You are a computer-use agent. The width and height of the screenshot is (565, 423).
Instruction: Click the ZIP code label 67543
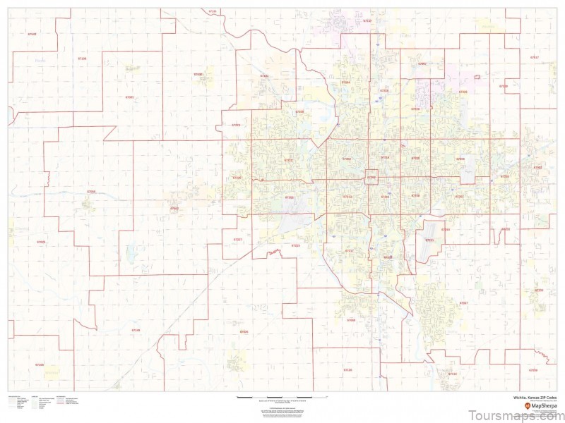tap(32, 34)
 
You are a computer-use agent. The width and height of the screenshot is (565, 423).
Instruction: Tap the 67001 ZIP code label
tap(129, 97)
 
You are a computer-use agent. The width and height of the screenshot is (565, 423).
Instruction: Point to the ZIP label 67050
tap(91, 191)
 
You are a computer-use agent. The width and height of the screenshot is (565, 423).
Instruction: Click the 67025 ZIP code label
tap(40, 242)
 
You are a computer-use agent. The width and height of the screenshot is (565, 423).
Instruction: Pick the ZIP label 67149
tap(136, 329)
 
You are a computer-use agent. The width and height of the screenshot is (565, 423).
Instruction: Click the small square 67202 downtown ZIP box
tap(371, 177)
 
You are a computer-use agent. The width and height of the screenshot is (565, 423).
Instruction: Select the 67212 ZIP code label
tap(288, 160)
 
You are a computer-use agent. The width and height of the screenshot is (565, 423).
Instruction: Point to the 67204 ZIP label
tap(345, 82)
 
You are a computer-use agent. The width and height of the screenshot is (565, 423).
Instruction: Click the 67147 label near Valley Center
tap(367, 21)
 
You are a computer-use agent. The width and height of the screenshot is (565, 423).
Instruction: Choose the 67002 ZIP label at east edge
tap(538, 167)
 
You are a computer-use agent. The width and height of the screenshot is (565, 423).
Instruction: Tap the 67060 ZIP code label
tap(351, 319)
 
